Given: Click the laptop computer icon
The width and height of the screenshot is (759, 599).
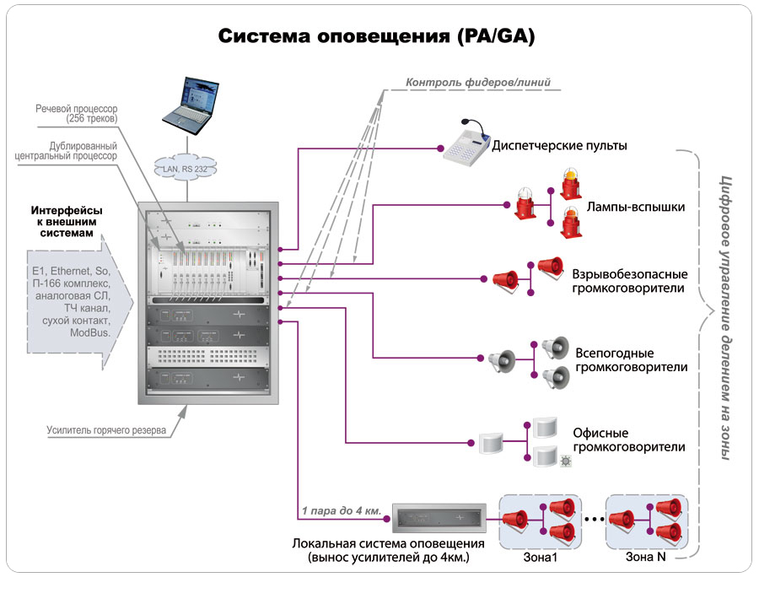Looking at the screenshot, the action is pyautogui.click(x=191, y=105).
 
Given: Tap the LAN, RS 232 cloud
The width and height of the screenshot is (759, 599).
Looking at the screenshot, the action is pyautogui.click(x=185, y=168).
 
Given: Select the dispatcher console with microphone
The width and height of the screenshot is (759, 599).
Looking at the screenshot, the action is pyautogui.click(x=466, y=143).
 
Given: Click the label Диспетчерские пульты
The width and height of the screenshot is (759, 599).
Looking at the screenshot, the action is pyautogui.click(x=560, y=146).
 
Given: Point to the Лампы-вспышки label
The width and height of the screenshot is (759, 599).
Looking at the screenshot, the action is pyautogui.click(x=636, y=208).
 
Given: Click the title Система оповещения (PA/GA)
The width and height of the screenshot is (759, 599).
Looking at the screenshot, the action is pyautogui.click(x=377, y=36).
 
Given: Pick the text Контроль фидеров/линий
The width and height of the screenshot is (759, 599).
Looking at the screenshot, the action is pyautogui.click(x=478, y=83).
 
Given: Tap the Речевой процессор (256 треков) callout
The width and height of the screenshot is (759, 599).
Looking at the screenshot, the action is pyautogui.click(x=77, y=113).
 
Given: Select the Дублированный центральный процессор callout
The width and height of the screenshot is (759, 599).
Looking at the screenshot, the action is pyautogui.click(x=66, y=151).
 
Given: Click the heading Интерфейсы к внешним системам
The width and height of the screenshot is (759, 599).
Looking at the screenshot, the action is pyautogui.click(x=67, y=221).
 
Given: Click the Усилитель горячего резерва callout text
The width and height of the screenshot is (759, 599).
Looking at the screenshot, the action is pyautogui.click(x=106, y=430).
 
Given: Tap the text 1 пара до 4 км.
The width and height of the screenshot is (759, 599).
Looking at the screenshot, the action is pyautogui.click(x=342, y=510).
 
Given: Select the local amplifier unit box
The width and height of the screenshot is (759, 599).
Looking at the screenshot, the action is pyautogui.click(x=439, y=518).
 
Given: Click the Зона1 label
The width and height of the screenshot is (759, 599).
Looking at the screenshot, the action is pyautogui.click(x=541, y=558).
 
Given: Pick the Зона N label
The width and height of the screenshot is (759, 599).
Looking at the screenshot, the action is pyautogui.click(x=646, y=557).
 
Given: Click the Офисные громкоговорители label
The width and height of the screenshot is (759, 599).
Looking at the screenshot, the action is pyautogui.click(x=629, y=440).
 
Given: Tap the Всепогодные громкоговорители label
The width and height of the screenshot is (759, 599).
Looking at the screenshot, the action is pyautogui.click(x=631, y=359).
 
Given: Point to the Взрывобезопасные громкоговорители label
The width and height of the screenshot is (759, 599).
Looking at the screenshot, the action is pyautogui.click(x=630, y=281).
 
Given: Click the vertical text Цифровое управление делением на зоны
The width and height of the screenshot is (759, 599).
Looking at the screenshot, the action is pyautogui.click(x=725, y=318).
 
